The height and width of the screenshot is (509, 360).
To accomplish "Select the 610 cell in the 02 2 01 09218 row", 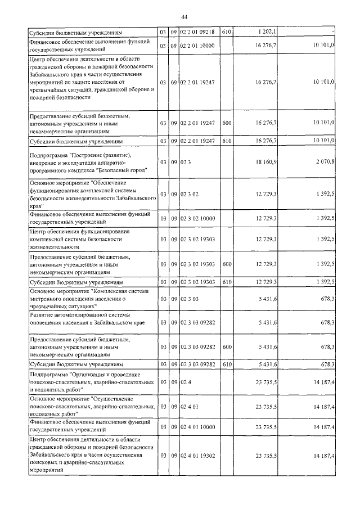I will click(227, 32).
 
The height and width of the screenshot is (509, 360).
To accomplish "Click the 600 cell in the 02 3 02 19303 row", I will click(227, 264).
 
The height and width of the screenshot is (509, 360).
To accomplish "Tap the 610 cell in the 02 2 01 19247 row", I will click(227, 141).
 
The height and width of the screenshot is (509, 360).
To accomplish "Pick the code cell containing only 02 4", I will click(186, 382).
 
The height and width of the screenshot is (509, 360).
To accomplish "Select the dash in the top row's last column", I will click(333, 32).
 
